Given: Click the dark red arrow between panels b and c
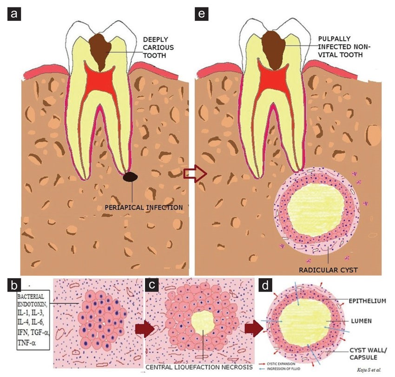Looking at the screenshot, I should click(140, 329).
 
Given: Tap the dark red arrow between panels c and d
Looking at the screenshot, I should click(253, 329).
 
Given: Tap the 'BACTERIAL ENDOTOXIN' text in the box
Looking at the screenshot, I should click(31, 300).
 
